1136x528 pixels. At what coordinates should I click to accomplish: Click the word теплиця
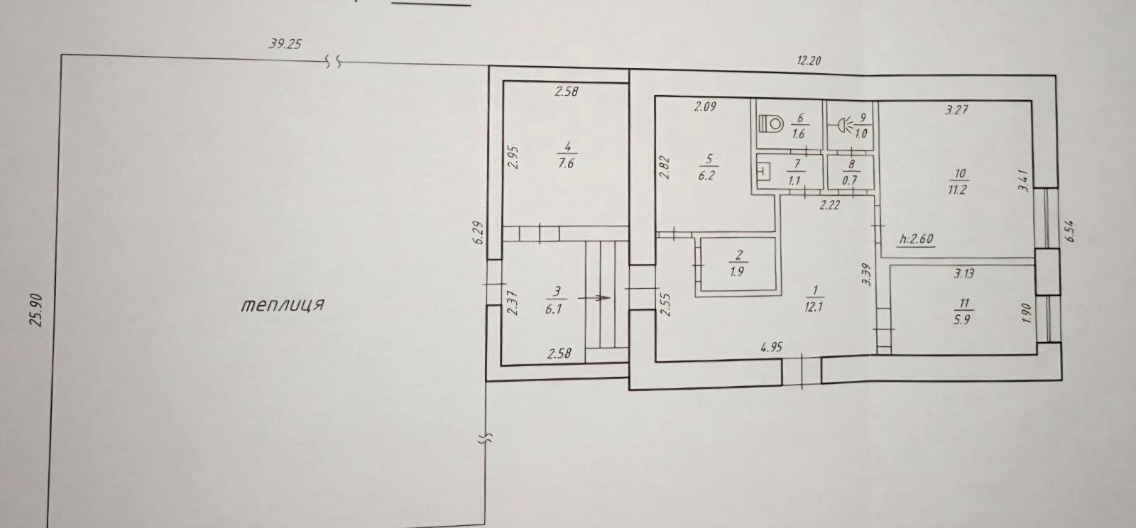tap(282, 306)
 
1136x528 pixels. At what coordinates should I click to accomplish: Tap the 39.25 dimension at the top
tap(285, 44)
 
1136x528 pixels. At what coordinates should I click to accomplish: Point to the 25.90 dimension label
tap(36, 310)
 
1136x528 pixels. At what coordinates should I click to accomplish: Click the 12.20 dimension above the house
tap(809, 61)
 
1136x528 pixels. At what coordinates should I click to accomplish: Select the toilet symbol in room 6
tap(771, 123)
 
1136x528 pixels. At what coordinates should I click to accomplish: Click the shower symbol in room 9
tap(845, 125)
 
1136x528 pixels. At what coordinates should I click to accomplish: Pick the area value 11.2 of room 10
tap(957, 190)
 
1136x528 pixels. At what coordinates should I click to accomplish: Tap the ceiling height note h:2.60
tap(917, 238)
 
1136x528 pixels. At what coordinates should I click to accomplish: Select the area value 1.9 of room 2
tap(737, 271)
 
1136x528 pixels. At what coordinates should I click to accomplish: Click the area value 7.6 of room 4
tap(566, 164)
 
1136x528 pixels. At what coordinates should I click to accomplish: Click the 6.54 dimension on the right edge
tap(1070, 231)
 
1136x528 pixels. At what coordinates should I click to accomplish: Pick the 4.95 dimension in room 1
tap(771, 347)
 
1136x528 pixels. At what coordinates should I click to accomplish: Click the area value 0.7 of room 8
tap(849, 180)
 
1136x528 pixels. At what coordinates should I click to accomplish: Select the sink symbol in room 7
tap(763, 171)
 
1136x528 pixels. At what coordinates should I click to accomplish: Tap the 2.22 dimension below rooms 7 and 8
tap(830, 205)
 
